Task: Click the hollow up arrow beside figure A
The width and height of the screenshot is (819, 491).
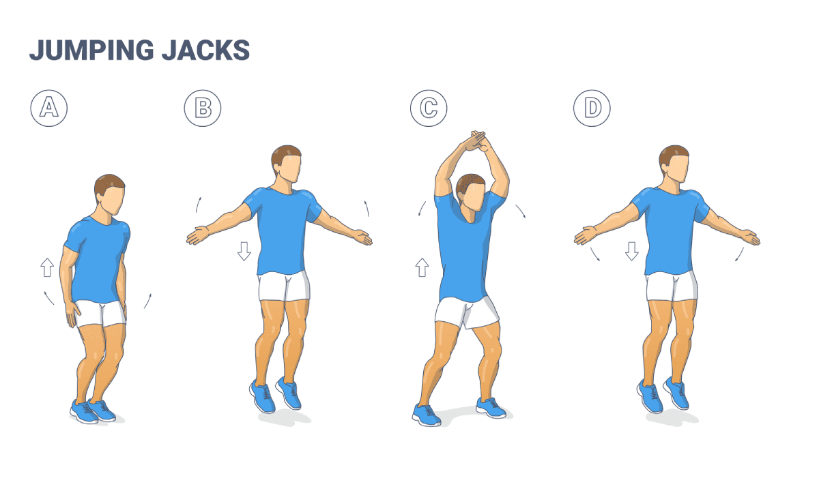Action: tap(47, 267)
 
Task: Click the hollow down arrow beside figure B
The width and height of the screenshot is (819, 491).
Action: tap(244, 251)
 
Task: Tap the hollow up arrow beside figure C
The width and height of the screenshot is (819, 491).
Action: tap(421, 267)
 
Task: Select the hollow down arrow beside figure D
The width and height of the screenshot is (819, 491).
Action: tap(631, 251)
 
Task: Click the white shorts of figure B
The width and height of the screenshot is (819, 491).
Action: tap(284, 286)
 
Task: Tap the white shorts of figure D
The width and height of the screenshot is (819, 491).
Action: tap(672, 286)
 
